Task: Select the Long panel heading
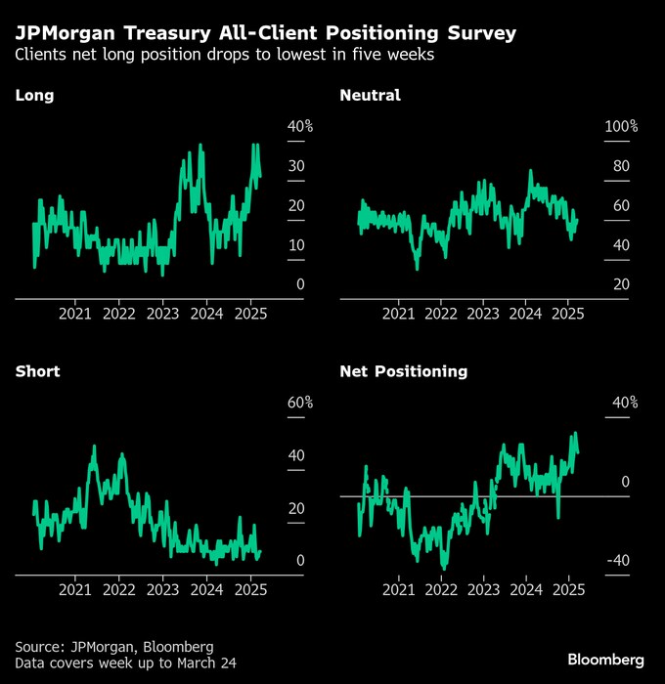(x=34, y=95)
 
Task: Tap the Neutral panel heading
(x=370, y=95)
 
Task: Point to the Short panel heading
(x=37, y=371)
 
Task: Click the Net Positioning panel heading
(x=403, y=371)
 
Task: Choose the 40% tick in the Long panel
(x=299, y=126)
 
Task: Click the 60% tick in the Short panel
(x=299, y=403)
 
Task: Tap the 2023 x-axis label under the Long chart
(x=162, y=314)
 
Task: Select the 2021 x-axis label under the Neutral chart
(x=398, y=314)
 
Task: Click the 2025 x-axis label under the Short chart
(x=250, y=590)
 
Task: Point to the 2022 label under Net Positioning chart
(x=441, y=590)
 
